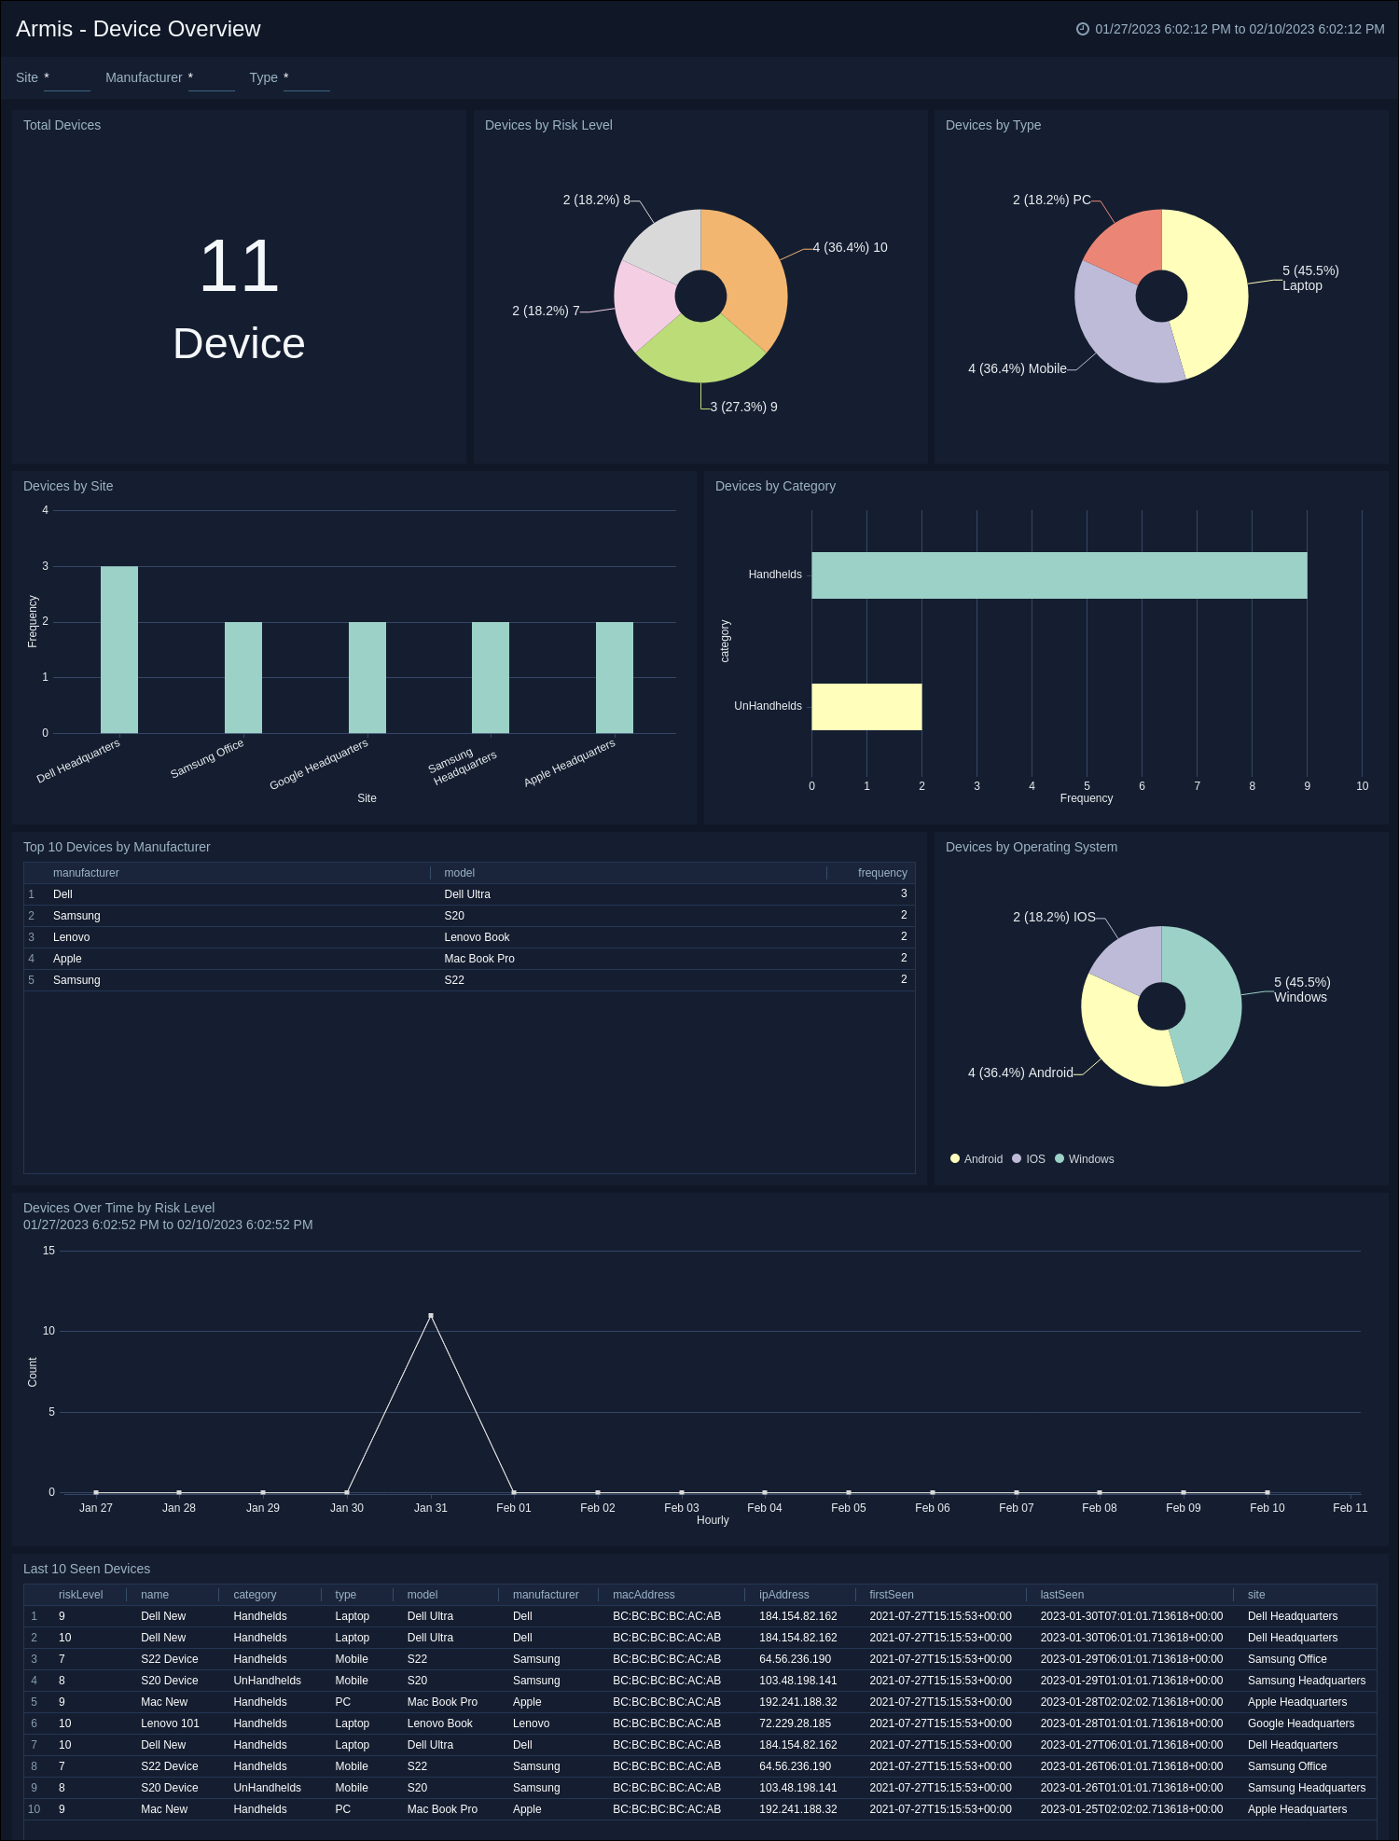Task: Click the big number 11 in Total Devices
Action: coord(239,267)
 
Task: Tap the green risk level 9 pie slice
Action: coord(699,352)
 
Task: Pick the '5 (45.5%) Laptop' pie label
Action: coord(1309,278)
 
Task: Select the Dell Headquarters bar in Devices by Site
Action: coord(119,649)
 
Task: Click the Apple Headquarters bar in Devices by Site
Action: coord(614,677)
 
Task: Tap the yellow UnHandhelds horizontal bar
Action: coord(866,706)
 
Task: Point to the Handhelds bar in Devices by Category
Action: coord(1059,574)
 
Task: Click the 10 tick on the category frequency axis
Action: coord(1362,786)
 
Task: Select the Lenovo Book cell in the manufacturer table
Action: coord(477,937)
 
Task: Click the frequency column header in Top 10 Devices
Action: coord(881,873)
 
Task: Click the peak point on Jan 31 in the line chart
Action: coord(430,1316)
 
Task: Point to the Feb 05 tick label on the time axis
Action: coord(848,1508)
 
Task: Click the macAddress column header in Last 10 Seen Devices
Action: coord(644,1595)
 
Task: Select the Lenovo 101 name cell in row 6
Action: coord(170,1723)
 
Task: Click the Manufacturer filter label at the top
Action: coord(144,77)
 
